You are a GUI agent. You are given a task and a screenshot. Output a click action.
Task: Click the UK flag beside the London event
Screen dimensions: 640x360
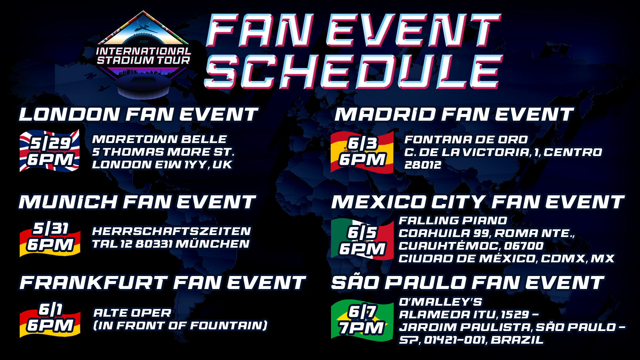click(x=49, y=151)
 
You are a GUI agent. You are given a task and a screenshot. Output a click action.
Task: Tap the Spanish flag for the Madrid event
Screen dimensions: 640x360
click(x=362, y=152)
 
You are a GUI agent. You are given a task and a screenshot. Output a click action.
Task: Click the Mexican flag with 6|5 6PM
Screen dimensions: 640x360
click(x=362, y=239)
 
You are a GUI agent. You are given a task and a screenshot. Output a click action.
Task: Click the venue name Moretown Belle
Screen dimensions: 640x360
click(x=159, y=139)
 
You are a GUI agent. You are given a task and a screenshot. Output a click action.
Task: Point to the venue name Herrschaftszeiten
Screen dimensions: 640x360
click(x=171, y=231)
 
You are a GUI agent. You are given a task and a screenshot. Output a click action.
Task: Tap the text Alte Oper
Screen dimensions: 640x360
click(x=132, y=313)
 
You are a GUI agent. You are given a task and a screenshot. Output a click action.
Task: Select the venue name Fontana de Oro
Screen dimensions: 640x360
click(x=466, y=139)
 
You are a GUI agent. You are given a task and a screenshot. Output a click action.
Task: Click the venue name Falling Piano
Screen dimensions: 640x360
click(x=453, y=220)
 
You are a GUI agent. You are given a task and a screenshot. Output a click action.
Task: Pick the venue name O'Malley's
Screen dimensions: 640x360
click(x=440, y=302)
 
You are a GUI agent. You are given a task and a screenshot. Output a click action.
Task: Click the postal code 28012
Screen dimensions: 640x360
click(x=423, y=165)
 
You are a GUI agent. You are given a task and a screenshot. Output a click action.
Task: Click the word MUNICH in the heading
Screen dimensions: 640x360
click(x=68, y=202)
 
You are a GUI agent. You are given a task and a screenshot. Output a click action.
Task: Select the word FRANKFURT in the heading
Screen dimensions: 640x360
click(x=93, y=283)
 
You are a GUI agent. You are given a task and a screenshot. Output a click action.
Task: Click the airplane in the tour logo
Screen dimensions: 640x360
click(x=146, y=28)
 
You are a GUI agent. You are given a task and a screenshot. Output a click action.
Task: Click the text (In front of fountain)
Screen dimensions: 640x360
click(x=180, y=325)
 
